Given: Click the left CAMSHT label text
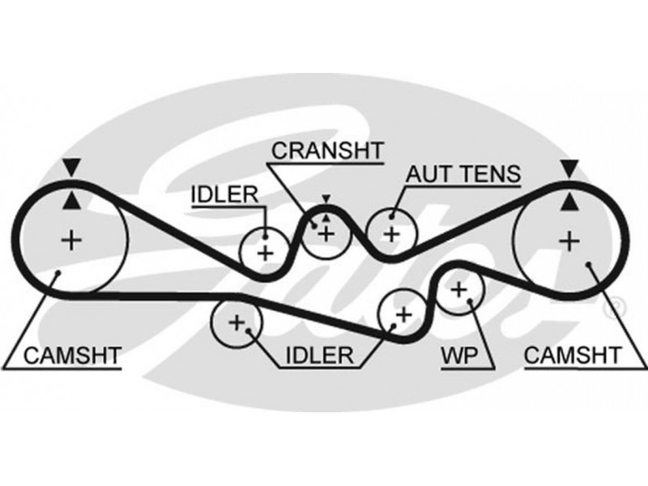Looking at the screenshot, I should click(72, 354).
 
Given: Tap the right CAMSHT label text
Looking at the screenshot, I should click(572, 354).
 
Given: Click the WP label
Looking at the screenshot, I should click(458, 354).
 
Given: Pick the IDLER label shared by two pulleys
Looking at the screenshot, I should click(319, 354).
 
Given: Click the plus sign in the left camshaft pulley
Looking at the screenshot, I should click(73, 240).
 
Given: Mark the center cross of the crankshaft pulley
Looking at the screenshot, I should click(326, 234).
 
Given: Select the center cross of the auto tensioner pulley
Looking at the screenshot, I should click(391, 235).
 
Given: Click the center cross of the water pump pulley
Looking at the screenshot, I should click(459, 288).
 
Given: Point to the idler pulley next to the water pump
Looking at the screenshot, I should click(403, 311).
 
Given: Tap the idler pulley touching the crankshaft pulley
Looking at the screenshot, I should click(266, 251).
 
